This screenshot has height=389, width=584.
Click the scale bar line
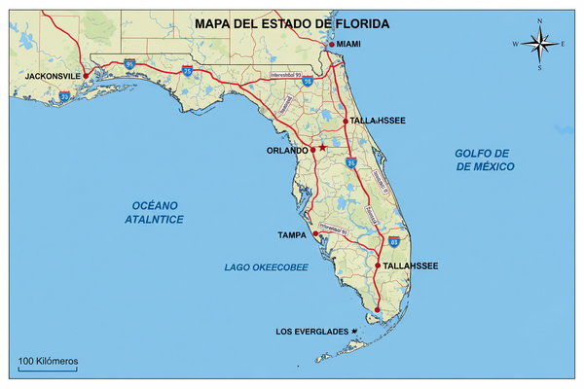(47, 370)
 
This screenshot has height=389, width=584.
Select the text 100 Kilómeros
(47, 361)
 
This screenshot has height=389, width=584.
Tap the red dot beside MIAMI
(332, 45)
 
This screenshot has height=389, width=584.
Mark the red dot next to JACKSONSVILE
(86, 75)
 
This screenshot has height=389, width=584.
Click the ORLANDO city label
(287, 151)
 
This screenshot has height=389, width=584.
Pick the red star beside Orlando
(322, 148)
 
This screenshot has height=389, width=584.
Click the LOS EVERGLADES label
(311, 333)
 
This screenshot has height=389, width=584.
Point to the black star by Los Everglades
(355, 333)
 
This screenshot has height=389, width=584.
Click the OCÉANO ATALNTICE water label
(158, 212)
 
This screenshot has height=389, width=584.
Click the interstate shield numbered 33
(63, 96)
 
